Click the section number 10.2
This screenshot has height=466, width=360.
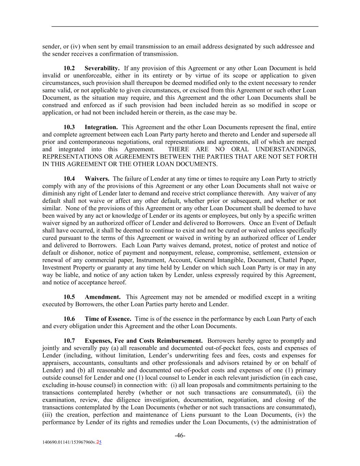(x=69, y=68)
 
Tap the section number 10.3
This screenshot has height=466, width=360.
(x=69, y=127)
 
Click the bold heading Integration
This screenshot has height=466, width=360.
(x=101, y=127)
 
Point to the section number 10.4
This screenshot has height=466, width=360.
(x=69, y=179)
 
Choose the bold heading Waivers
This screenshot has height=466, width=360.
(x=97, y=179)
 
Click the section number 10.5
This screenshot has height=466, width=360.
(x=69, y=297)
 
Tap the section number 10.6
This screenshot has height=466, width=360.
(x=69, y=319)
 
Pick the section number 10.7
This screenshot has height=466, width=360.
(x=69, y=341)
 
